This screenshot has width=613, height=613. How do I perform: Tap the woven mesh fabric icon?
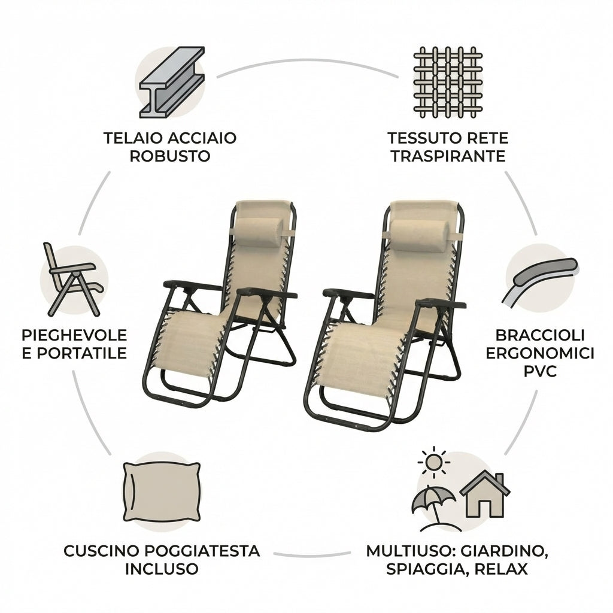coord(448,81)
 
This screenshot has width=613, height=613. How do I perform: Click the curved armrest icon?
coord(538,279)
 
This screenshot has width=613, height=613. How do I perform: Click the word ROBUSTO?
coord(170,157)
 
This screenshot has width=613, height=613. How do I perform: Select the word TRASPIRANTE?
coord(447,157)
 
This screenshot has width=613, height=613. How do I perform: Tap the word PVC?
coord(540,372)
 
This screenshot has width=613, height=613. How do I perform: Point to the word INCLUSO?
coord(162,569)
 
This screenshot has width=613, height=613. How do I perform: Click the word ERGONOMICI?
coord(540,353)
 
